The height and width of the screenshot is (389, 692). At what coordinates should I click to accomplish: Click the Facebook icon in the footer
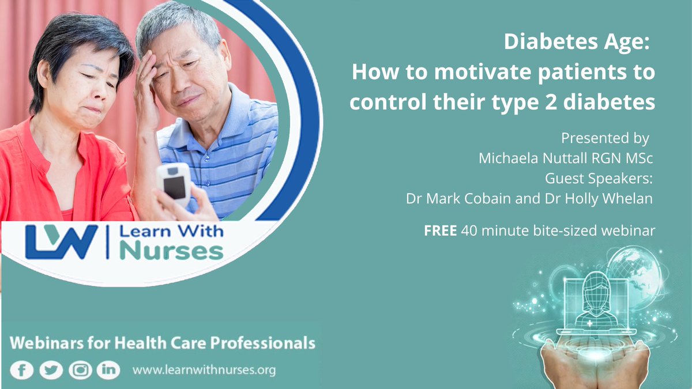21,370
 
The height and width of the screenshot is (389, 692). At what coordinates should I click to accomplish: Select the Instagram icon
80,370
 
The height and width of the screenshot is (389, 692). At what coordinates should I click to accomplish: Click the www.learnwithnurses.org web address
204,370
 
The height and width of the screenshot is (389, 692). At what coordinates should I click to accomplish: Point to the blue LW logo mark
62,241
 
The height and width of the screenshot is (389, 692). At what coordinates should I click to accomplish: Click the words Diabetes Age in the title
579,41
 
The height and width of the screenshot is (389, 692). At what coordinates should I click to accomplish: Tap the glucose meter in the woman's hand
174,184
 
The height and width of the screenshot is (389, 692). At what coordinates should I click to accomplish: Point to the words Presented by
605,138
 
